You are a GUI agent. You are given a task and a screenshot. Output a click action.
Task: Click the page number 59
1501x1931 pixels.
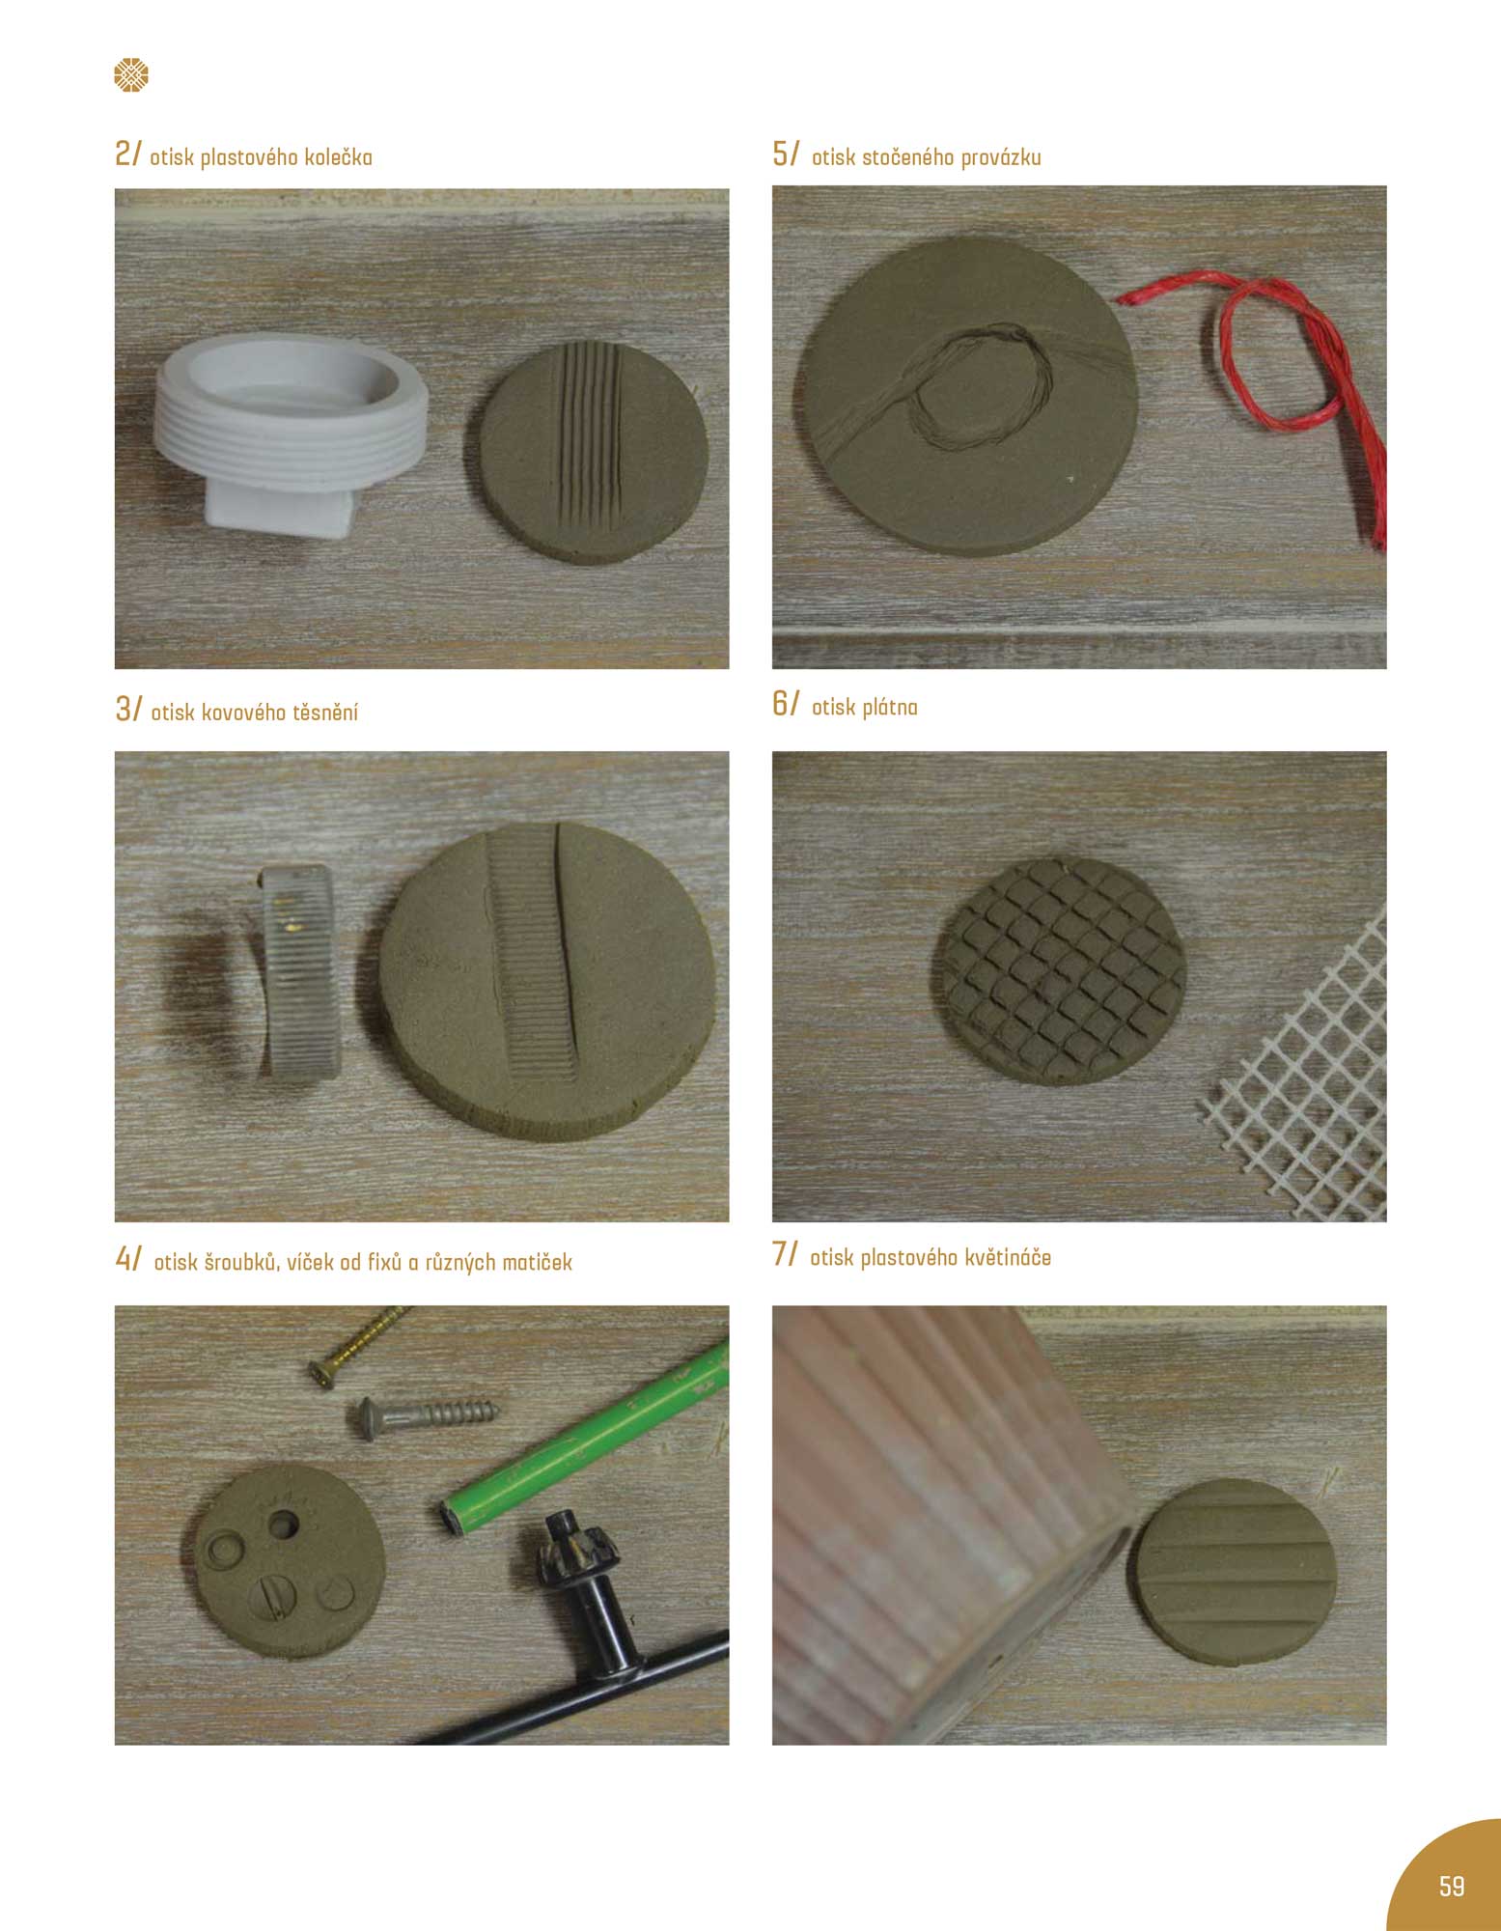coord(1451,1886)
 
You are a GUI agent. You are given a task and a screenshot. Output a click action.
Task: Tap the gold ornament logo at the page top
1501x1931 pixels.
coord(131,75)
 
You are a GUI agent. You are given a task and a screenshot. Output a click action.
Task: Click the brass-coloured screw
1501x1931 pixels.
coord(358,1344)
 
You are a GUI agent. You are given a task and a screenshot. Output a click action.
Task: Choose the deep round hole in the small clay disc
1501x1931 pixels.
coord(284,1525)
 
